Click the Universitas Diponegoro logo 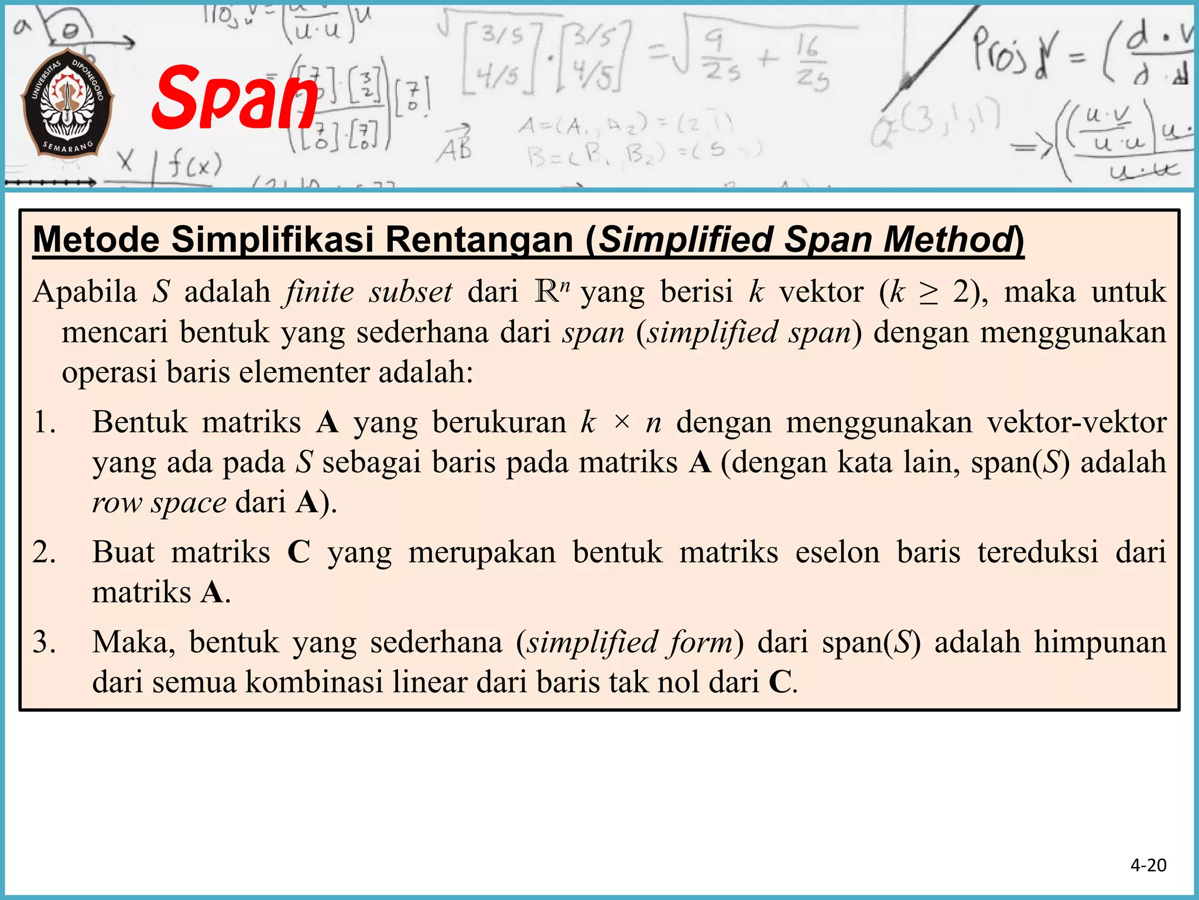pos(67,108)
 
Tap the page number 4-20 pos(1148,865)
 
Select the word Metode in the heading pos(96,240)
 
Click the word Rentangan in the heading pos(479,240)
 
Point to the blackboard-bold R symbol pos(547,291)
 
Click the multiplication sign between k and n pos(622,422)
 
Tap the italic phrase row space pos(159,503)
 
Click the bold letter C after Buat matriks pos(299,552)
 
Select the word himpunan pos(1099,642)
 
